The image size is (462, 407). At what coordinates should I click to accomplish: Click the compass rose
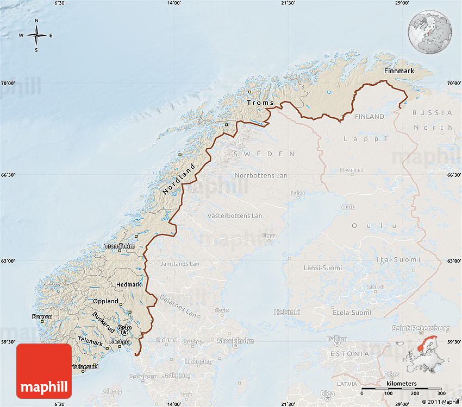pos(36,36)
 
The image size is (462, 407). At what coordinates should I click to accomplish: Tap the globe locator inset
pos(430,31)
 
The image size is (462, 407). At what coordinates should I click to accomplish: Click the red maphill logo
pos(44,371)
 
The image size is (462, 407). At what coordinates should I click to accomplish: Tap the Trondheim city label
pos(119,246)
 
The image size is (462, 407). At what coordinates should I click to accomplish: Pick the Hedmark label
pos(129,284)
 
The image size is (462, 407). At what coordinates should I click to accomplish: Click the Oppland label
pos(105,301)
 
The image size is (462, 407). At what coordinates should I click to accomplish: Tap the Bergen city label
pos(42,316)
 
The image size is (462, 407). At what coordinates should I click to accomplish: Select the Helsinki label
pos(287,312)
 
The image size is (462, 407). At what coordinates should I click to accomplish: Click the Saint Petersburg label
pos(421,328)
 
